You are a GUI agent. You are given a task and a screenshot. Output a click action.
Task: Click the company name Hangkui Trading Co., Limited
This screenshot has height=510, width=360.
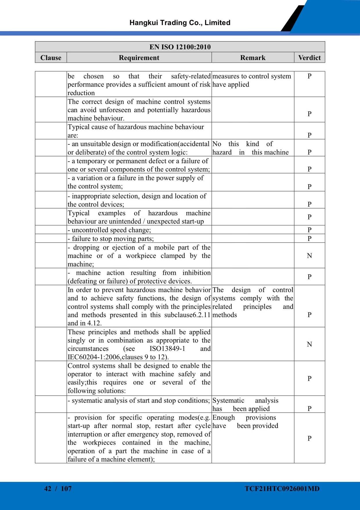click(x=180, y=23)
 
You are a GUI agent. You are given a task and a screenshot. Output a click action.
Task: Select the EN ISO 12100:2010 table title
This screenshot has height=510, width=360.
click(x=180, y=47)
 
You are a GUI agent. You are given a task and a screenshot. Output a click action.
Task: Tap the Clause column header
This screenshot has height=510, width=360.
click(x=51, y=58)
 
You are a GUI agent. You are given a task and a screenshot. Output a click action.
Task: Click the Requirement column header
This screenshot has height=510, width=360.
click(x=139, y=58)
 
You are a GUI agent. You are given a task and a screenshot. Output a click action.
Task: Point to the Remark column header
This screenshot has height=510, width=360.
click(x=253, y=58)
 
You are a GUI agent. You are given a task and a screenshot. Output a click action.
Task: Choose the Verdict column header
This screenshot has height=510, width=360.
click(x=309, y=58)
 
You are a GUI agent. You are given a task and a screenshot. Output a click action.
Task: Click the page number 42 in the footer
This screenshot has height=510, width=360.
click(x=48, y=488)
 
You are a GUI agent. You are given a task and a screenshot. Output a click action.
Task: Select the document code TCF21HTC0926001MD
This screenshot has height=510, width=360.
click(x=282, y=488)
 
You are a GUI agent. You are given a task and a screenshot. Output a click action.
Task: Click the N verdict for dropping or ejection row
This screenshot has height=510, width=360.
click(x=309, y=256)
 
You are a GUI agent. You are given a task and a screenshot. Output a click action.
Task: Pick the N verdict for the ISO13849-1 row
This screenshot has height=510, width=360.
click(x=309, y=344)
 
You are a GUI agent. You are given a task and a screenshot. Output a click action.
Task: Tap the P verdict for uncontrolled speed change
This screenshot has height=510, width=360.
click(x=309, y=230)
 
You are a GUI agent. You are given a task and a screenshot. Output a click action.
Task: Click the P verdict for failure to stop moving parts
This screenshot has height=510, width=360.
click(x=309, y=238)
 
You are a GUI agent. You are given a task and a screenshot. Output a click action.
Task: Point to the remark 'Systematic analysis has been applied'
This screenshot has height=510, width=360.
click(x=245, y=404)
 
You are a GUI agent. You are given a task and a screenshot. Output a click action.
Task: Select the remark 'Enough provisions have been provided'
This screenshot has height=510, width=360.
click(x=245, y=421)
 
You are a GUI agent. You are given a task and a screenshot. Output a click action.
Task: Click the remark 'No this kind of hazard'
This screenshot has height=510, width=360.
click(x=250, y=148)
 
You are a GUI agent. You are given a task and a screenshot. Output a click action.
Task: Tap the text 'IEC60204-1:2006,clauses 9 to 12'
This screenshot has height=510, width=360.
click(x=118, y=357)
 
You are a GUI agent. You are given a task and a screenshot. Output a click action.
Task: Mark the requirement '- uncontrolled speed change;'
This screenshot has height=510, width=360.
click(x=109, y=230)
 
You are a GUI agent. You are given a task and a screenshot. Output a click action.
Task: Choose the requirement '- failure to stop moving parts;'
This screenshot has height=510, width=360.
click(x=111, y=239)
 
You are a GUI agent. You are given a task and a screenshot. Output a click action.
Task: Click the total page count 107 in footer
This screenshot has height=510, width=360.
click(x=66, y=488)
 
